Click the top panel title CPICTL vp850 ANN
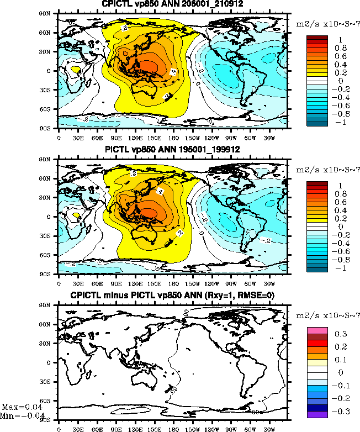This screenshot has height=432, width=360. (172, 4)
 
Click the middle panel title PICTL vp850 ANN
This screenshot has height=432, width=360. (172, 150)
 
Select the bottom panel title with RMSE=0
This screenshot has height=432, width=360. (172, 295)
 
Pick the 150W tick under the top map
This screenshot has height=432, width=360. (193, 138)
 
